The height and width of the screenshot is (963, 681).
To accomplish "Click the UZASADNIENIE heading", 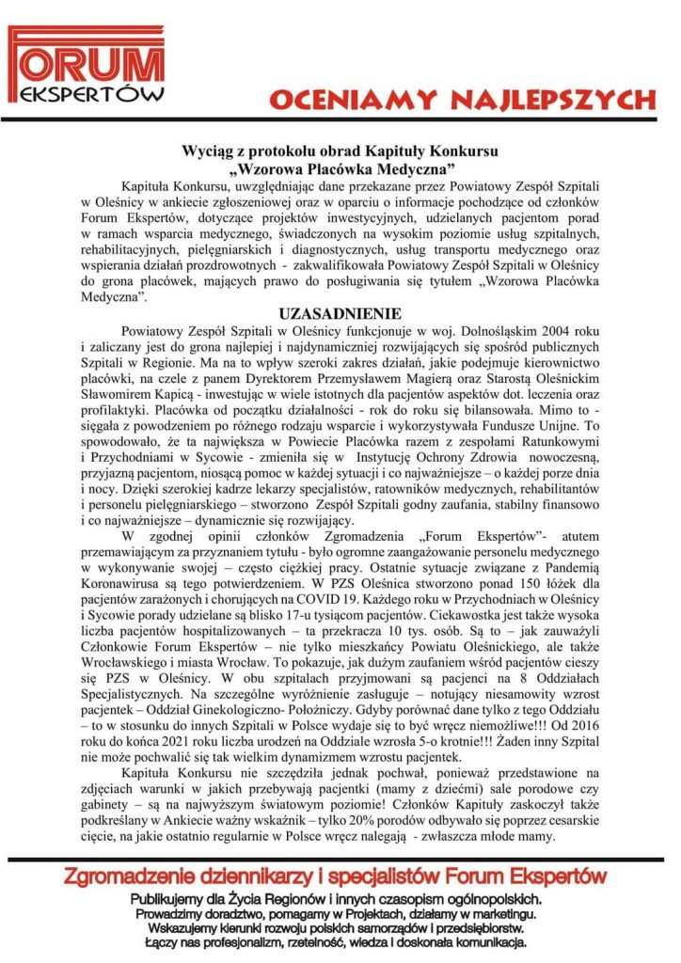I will pos(340,313).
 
